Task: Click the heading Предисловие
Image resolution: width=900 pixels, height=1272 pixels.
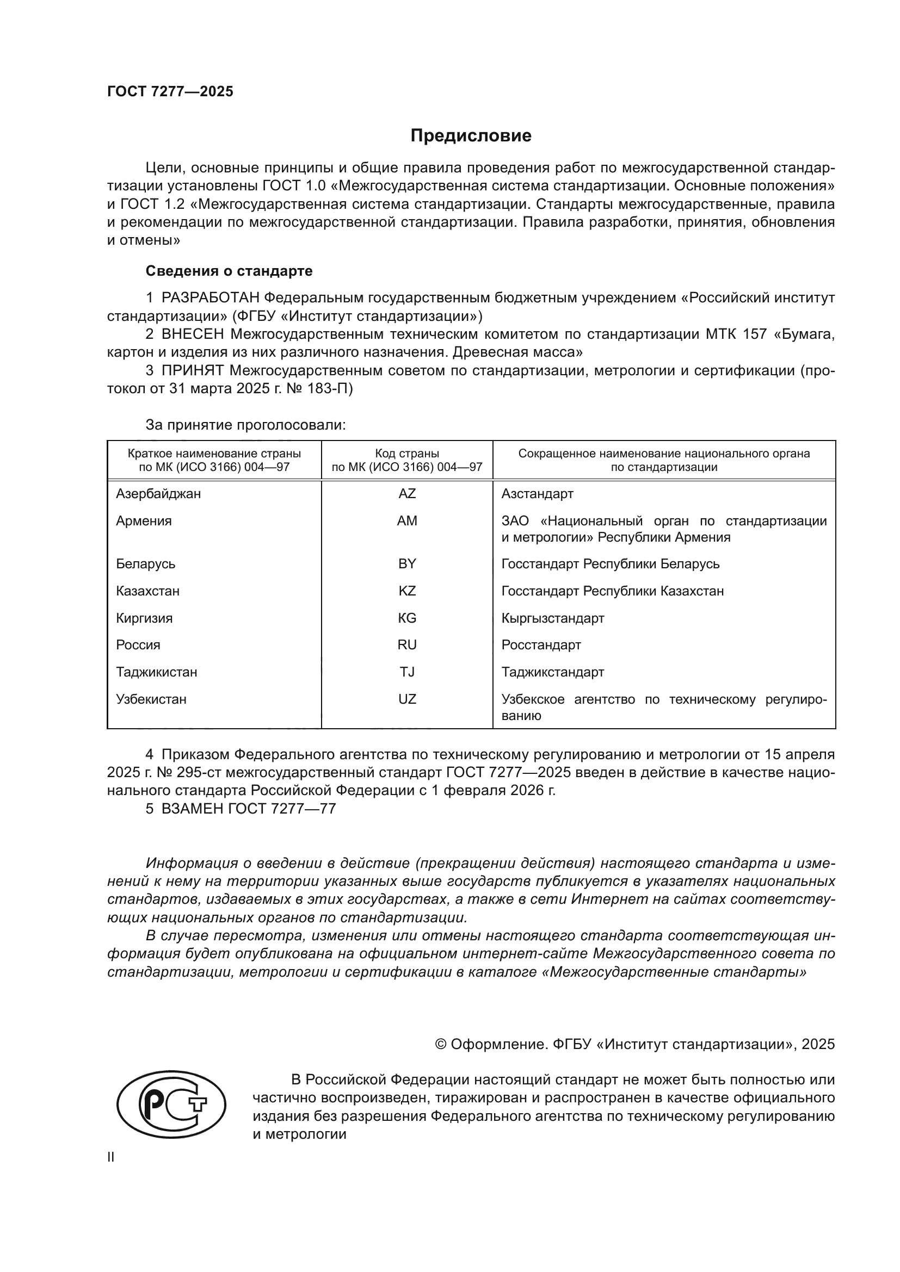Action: point(471,136)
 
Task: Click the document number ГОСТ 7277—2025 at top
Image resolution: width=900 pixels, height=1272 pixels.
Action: point(170,92)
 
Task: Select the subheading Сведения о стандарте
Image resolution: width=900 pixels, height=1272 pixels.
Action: point(229,271)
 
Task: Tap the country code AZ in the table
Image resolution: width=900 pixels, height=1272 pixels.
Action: point(407,494)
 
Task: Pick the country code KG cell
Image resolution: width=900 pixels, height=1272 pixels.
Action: point(407,618)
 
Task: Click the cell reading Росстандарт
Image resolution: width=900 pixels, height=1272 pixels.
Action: point(541,645)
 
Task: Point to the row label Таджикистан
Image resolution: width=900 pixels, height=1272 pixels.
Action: point(156,672)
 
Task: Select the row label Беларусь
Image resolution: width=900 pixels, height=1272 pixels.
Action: point(145,564)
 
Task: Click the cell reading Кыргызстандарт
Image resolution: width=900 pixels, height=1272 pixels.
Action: point(552,618)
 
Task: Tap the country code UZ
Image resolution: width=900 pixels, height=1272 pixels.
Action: point(407,699)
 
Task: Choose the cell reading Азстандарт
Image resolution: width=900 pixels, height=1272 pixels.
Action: point(537,494)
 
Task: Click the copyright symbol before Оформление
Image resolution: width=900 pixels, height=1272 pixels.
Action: point(441,1044)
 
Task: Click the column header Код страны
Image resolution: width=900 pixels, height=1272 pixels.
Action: point(407,454)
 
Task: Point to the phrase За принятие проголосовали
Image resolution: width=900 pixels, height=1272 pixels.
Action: point(245,425)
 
